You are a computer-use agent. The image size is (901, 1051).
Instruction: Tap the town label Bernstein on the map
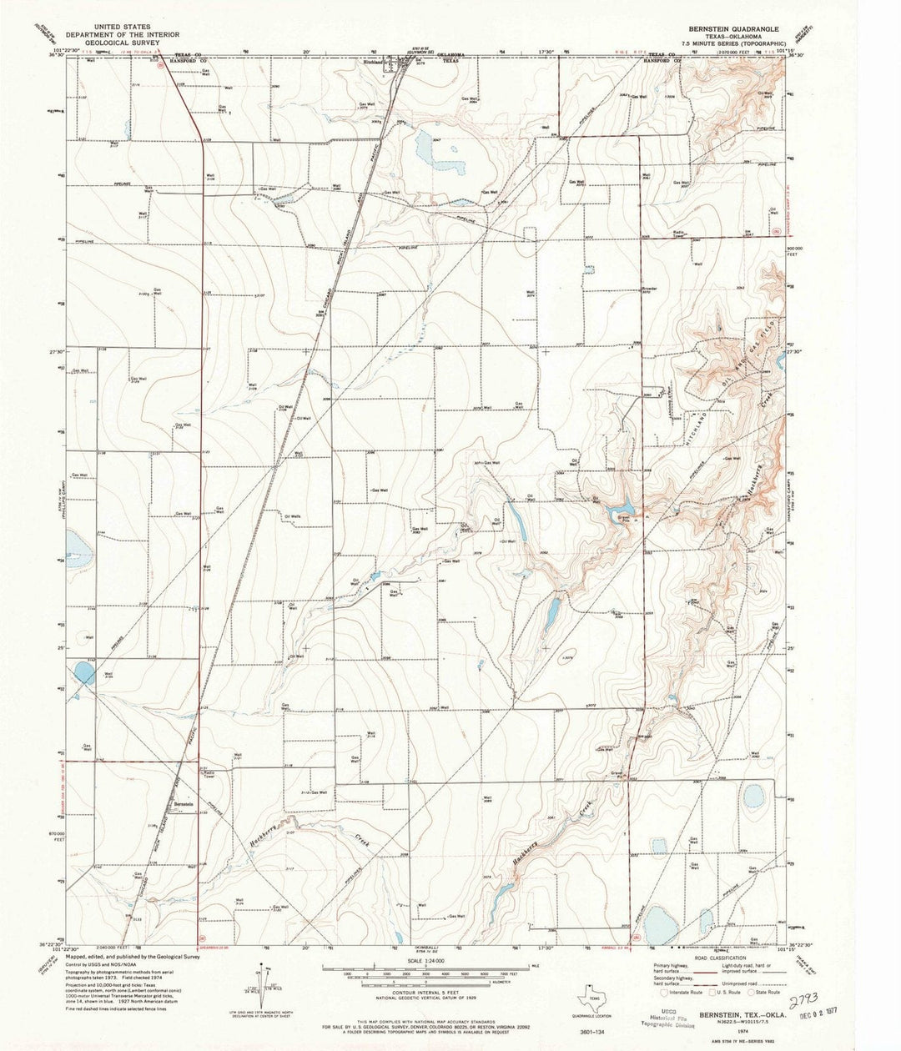[184, 804]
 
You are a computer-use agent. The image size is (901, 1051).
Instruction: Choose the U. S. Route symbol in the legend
[715, 992]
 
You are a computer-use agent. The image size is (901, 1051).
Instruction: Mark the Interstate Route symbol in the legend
[665, 992]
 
